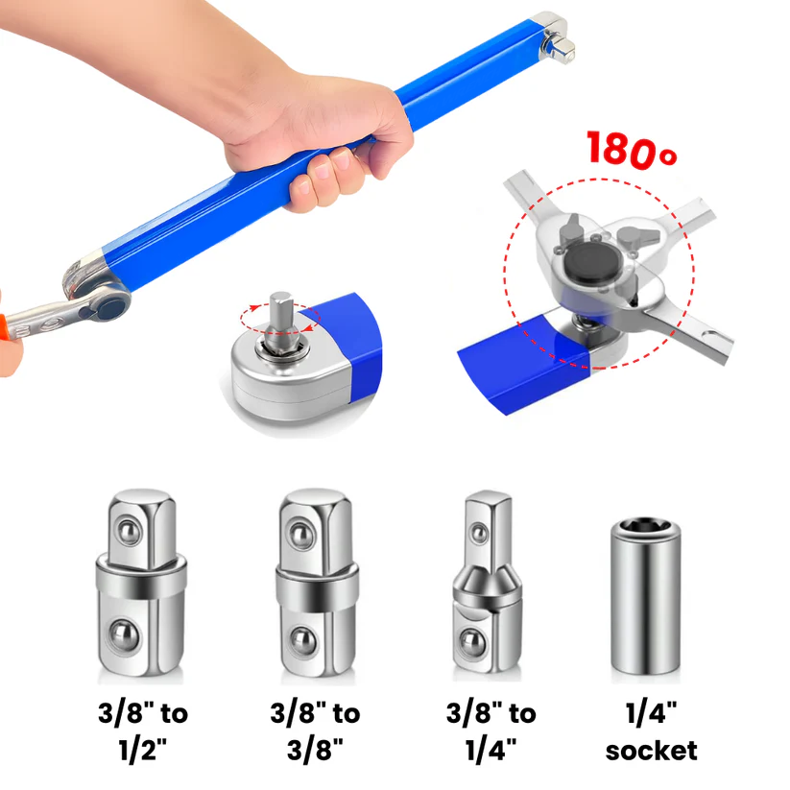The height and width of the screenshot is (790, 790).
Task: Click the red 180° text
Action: (x=624, y=151)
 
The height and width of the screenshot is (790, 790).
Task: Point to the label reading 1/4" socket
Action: (x=651, y=730)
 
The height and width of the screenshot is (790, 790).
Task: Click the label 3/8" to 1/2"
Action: (x=142, y=730)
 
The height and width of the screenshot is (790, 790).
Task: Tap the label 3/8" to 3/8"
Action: (x=316, y=730)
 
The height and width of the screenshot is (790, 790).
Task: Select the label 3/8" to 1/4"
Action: (x=491, y=730)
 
